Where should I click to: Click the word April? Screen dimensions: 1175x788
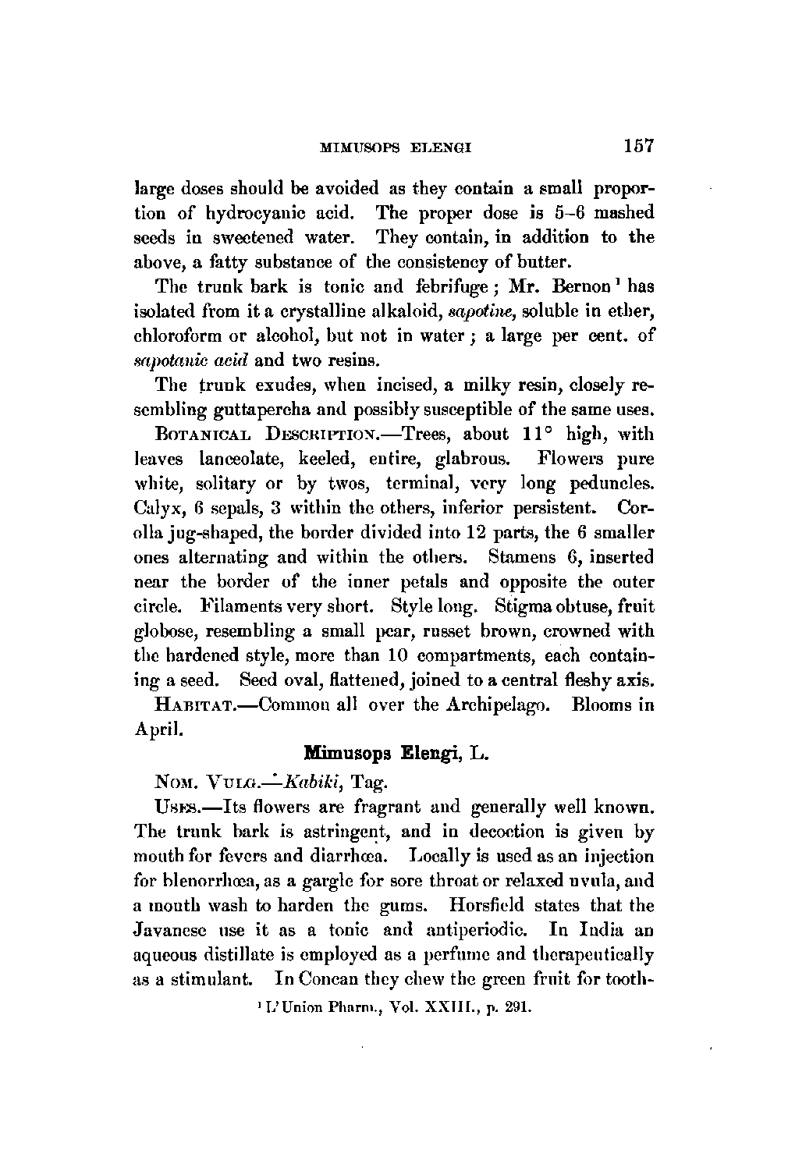pos(159,729)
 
